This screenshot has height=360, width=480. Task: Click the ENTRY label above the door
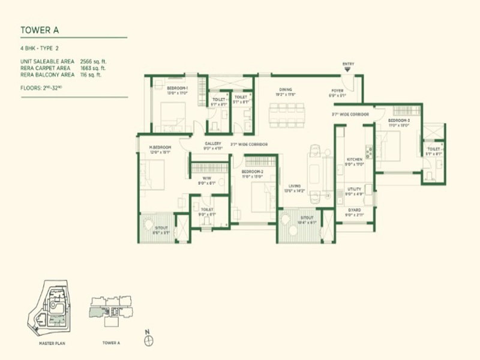coord(348,64)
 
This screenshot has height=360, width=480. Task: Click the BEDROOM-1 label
coord(178,89)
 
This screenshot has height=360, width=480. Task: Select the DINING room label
coord(285,89)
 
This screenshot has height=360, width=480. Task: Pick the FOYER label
coord(337,91)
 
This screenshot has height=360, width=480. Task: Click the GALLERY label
coord(213,143)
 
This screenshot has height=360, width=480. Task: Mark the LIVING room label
coord(293,186)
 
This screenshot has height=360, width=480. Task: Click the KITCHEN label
coord(355,160)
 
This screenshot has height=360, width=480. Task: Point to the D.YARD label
coord(354,210)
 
